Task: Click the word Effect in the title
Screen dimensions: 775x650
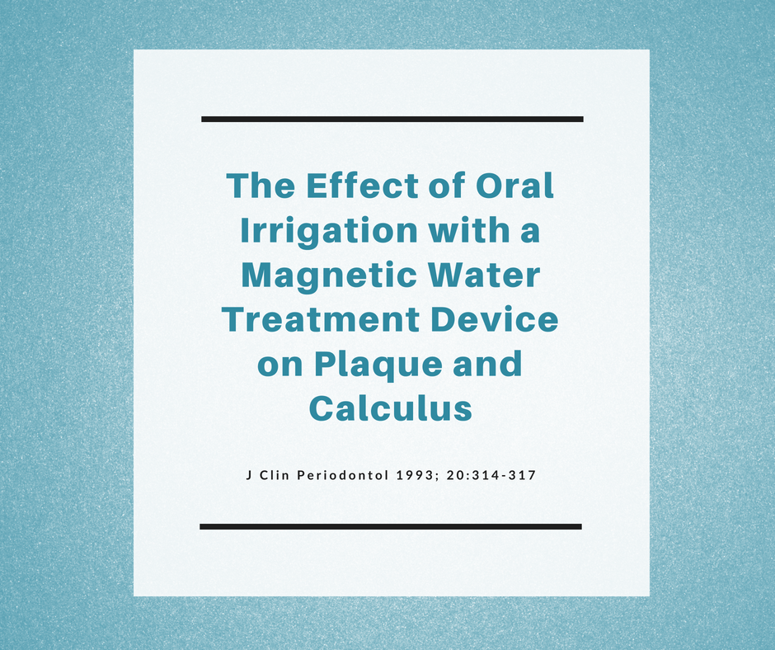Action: tap(362, 186)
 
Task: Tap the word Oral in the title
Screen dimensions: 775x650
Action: tap(514, 186)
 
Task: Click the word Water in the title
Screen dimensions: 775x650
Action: tap(485, 275)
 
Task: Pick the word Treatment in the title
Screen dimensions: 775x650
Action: tap(320, 319)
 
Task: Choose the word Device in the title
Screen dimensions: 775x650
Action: tap(494, 319)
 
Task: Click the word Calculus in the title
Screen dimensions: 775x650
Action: tap(391, 408)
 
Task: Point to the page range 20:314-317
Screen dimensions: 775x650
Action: tap(491, 475)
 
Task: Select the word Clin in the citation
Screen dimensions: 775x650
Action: tap(275, 475)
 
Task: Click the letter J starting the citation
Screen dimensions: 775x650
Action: tap(249, 475)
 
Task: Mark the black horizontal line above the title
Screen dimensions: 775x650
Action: tap(392, 120)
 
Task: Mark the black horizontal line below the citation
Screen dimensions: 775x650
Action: tap(391, 527)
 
